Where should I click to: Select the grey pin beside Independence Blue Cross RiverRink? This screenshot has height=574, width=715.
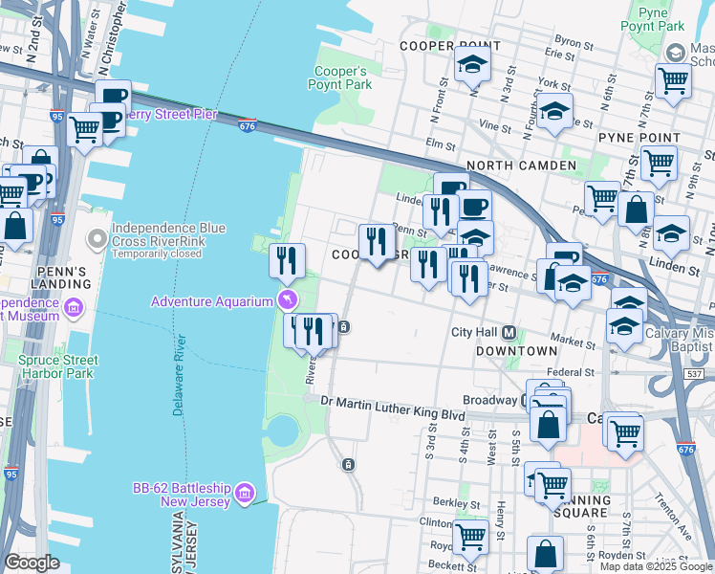[x=96, y=237]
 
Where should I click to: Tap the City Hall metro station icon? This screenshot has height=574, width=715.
[x=509, y=333]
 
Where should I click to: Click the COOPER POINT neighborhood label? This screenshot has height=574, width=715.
[x=449, y=46]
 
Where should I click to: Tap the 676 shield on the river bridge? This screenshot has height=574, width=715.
[x=248, y=125]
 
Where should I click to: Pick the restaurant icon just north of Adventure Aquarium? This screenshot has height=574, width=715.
[x=286, y=258]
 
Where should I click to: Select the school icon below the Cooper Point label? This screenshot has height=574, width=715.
[x=472, y=66]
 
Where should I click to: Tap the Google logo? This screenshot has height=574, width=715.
[x=32, y=562]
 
